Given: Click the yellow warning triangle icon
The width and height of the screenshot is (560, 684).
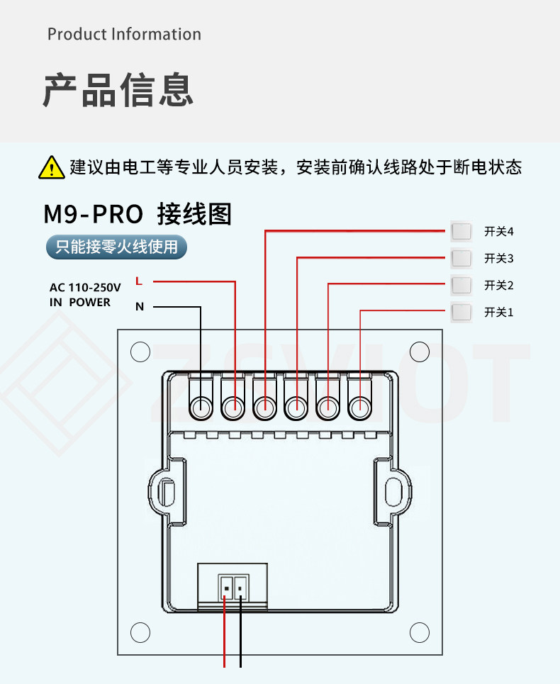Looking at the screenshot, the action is [52, 167].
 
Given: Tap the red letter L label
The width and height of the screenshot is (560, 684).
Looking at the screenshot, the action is [139, 281].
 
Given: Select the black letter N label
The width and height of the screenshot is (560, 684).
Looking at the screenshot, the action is [140, 307].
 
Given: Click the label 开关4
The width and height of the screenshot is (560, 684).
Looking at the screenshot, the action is [498, 231].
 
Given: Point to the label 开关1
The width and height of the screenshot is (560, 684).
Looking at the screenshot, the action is [498, 313].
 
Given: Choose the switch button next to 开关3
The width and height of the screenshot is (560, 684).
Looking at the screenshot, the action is [461, 258].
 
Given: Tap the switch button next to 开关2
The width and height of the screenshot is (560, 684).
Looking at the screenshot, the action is [461, 285].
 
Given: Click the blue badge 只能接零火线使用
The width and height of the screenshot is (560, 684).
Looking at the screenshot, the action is [116, 247].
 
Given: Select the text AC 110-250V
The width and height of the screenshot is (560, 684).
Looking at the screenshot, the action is [85, 288].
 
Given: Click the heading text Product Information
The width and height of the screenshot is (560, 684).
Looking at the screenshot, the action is [124, 34].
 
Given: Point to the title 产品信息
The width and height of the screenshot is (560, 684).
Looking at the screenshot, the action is [118, 90].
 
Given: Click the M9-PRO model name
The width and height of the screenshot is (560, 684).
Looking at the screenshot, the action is [94, 214].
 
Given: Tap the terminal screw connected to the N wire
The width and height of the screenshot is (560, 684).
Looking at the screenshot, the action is [201, 408].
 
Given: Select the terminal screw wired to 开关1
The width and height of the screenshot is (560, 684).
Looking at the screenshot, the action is [360, 408].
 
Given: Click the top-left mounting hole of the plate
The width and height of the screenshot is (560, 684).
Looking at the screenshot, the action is [140, 352].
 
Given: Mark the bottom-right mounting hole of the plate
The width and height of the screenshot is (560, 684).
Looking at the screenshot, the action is [420, 632].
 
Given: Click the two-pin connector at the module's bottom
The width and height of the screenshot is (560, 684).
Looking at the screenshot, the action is [233, 588].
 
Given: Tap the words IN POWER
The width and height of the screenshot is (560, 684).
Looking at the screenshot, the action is [80, 302].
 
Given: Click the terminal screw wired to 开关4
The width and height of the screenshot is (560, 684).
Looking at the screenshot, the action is [264, 408].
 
